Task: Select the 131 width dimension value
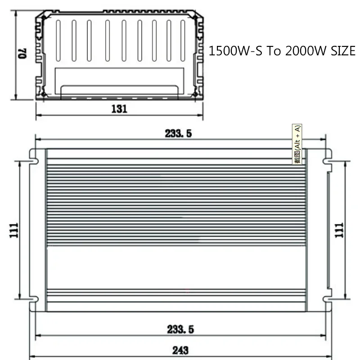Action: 119,108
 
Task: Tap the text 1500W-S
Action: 235,51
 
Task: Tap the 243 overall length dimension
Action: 180,350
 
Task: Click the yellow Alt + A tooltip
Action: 297,144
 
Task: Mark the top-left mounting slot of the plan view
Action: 33,156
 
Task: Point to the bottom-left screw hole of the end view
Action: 44,94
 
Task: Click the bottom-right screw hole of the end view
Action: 195,94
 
